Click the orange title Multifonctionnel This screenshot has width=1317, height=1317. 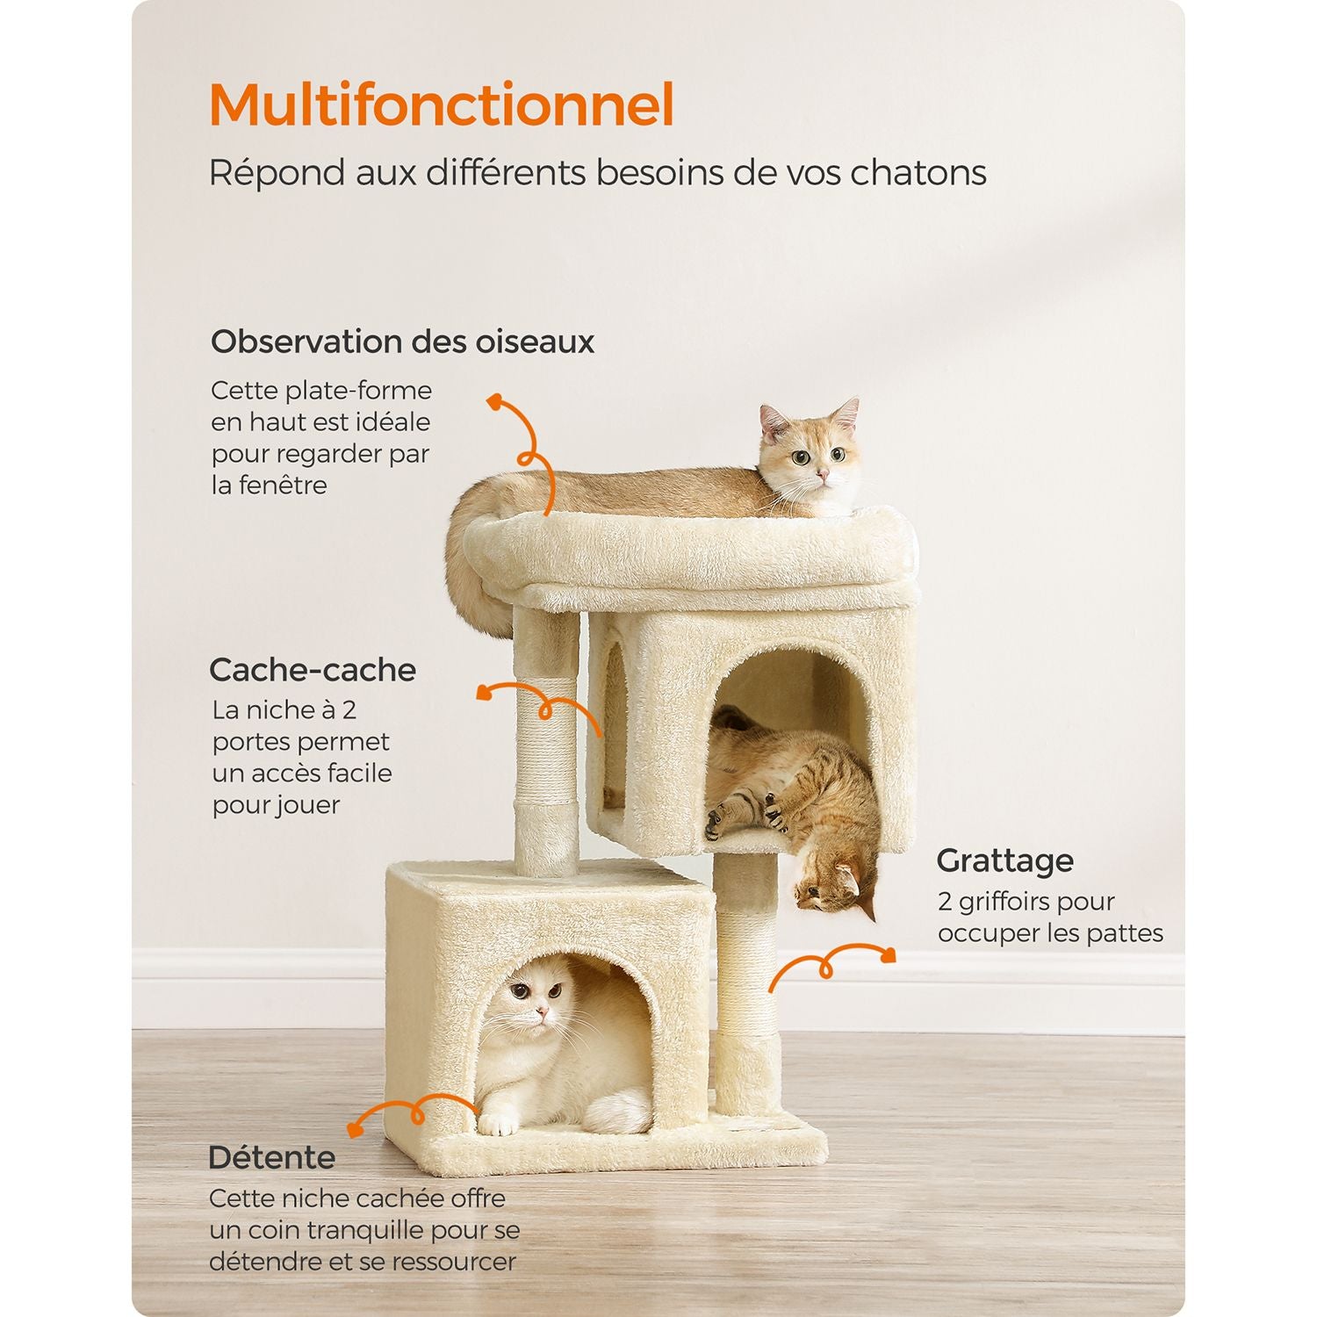[x=442, y=105]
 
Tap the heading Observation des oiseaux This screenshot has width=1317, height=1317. [x=403, y=342]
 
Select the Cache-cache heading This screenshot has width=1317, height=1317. [x=313, y=670]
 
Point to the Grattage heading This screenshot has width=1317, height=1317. [x=1004, y=861]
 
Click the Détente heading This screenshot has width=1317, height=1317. [x=272, y=1157]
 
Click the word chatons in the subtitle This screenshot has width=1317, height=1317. [x=918, y=173]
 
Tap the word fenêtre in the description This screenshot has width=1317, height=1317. [x=281, y=485]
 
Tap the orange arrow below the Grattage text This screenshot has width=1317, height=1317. [x=825, y=966]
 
